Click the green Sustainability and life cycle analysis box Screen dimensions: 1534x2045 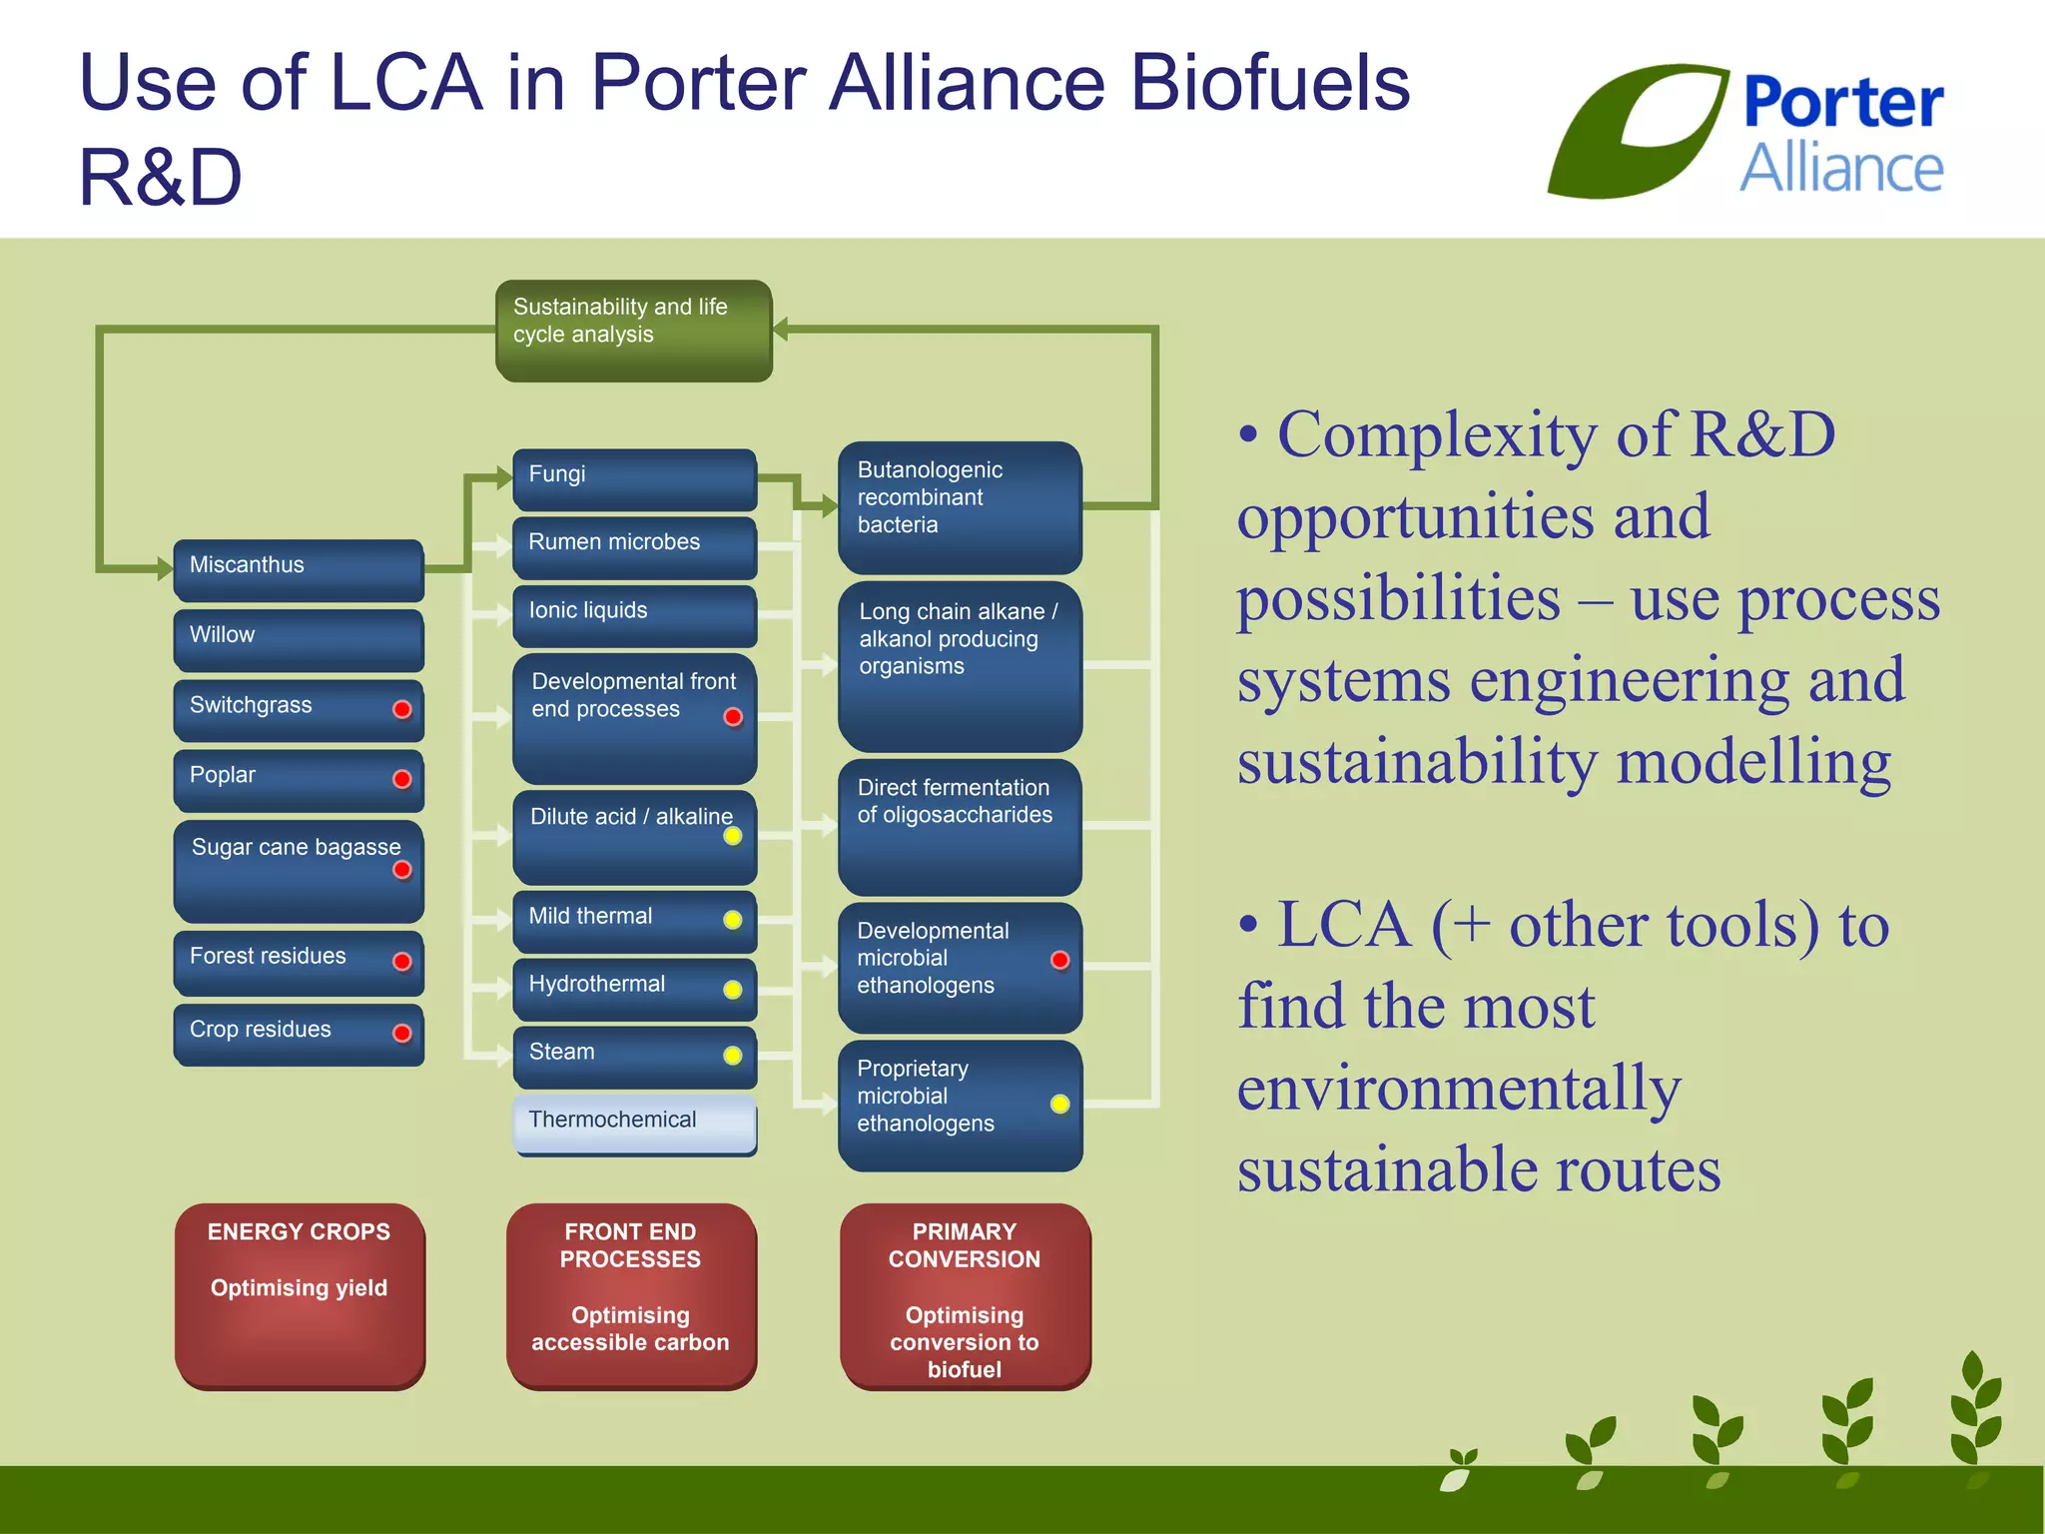[x=633, y=331]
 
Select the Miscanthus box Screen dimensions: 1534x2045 [x=299, y=569]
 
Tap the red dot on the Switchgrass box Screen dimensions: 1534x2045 [x=402, y=709]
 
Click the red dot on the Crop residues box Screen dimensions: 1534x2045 [x=402, y=1033]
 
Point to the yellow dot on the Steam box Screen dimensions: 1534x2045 [x=733, y=1056]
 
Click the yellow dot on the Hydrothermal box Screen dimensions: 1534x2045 [x=733, y=990]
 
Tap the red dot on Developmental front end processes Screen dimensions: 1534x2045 [x=733, y=717]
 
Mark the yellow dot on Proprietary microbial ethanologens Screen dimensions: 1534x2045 [x=1060, y=1104]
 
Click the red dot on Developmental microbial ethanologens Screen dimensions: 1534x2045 [x=1060, y=960]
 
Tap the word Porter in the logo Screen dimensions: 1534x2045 [x=1842, y=102]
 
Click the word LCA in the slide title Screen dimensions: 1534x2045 [x=405, y=83]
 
